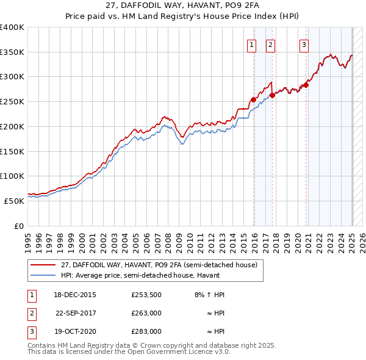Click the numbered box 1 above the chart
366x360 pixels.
point(251,43)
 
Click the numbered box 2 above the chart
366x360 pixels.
point(270,43)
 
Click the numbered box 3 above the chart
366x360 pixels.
point(304,43)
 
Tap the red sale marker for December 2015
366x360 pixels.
point(253,99)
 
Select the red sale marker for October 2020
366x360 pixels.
point(306,85)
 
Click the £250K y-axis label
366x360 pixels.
point(12,101)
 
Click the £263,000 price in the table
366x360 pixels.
point(146,313)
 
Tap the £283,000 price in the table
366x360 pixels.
point(146,331)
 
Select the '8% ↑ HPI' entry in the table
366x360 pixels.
point(209,295)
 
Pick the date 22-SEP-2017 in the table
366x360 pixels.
point(76,313)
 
